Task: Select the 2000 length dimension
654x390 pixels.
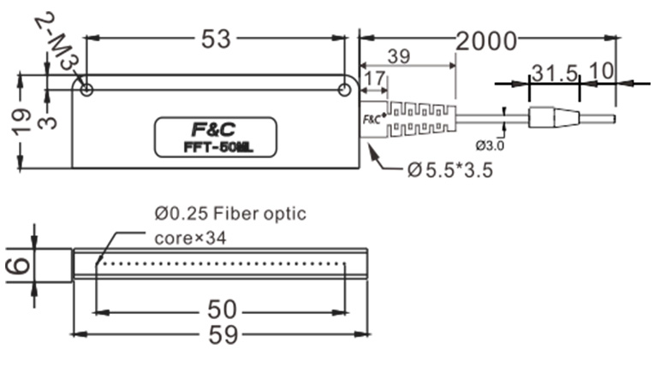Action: [x=486, y=40]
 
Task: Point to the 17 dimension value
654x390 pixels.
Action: [x=374, y=79]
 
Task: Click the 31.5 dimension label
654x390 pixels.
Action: [x=555, y=72]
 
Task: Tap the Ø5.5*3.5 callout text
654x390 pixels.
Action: [x=451, y=170]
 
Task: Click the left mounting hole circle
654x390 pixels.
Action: [x=86, y=89]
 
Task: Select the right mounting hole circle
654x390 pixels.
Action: [x=344, y=89]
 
